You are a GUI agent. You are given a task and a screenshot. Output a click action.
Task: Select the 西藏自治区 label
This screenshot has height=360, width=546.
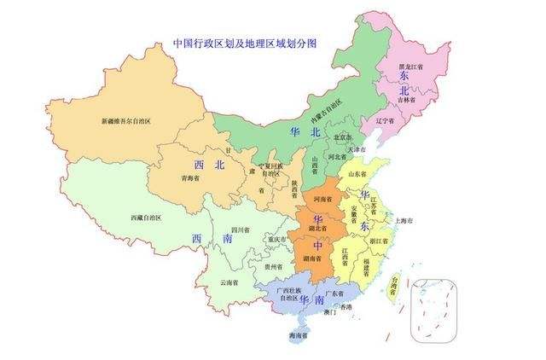146,218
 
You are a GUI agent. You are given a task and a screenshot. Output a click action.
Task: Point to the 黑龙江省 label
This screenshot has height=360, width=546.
412,66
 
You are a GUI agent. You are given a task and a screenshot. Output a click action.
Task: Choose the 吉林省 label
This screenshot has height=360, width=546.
407,100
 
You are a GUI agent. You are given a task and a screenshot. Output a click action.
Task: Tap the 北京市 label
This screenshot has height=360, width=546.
343,136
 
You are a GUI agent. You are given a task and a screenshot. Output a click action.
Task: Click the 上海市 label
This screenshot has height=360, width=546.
404,220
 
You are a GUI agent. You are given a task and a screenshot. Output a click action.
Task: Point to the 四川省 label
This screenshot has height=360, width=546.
240,229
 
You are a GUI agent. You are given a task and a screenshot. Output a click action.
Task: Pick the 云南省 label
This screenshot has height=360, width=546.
229,282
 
